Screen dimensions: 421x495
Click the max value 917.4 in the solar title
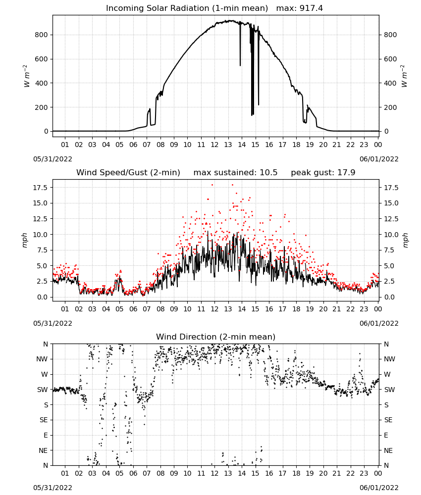click(x=311, y=8)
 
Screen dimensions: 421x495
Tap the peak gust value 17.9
click(x=347, y=173)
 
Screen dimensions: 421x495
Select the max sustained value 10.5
click(x=268, y=173)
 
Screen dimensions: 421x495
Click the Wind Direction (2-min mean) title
click(x=216, y=337)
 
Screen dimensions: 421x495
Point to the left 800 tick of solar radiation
click(x=42, y=35)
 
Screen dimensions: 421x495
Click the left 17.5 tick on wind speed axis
click(x=41, y=188)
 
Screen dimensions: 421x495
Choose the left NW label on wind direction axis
click(x=42, y=359)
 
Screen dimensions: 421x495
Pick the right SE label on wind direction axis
click(x=388, y=420)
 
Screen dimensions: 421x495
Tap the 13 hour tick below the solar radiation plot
click(x=228, y=145)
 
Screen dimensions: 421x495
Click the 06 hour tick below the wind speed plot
click(x=133, y=309)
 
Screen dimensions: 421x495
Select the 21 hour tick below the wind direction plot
click(x=337, y=473)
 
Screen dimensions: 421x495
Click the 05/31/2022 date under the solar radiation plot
click(x=53, y=159)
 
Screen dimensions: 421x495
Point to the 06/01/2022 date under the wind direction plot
click(x=379, y=488)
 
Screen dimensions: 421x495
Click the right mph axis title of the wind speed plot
click(x=406, y=240)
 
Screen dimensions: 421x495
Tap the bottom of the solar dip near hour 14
click(x=240, y=65)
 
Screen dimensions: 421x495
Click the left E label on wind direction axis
click(x=46, y=435)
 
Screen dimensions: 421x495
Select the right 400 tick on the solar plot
click(x=390, y=83)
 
